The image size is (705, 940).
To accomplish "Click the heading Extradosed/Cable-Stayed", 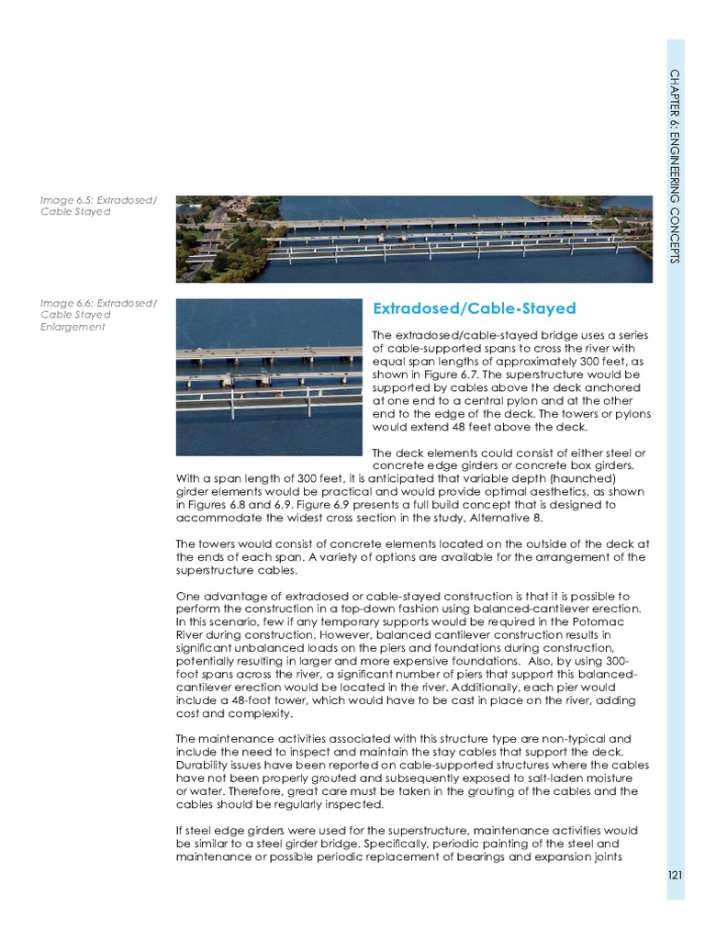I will click(474, 308).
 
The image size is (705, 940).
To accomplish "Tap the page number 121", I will click(675, 875).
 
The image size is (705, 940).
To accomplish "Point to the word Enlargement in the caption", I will click(73, 327).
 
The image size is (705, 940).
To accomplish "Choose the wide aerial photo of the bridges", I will click(415, 239).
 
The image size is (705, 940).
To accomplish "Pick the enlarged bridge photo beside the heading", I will click(268, 376).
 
